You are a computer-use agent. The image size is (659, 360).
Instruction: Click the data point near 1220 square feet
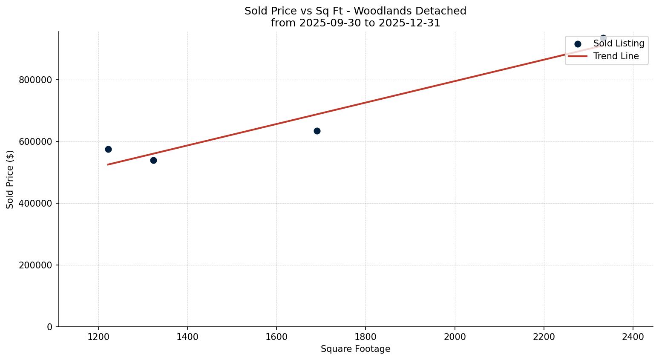tap(108, 149)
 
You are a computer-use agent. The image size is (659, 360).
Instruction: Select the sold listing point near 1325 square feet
tap(153, 160)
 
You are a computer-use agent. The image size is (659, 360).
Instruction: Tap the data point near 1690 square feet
tap(317, 131)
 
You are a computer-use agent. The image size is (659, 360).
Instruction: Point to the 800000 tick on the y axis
tap(36, 80)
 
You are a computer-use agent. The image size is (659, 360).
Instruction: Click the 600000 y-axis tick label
tap(36, 142)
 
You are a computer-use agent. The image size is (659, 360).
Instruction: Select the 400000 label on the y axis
tap(36, 204)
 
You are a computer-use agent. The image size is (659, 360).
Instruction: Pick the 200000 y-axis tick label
tap(36, 265)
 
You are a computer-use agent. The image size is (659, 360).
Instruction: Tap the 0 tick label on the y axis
tap(50, 327)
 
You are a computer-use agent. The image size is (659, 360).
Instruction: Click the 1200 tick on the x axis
tap(98, 337)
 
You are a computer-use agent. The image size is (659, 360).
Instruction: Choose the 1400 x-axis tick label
tap(187, 337)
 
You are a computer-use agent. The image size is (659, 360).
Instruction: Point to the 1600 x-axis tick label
tap(276, 337)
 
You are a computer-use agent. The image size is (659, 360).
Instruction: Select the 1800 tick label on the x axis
tap(365, 337)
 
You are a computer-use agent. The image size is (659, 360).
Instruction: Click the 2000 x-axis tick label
tap(455, 337)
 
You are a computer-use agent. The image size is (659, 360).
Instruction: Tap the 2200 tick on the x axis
tap(544, 337)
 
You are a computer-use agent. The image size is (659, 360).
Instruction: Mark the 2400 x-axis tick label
tap(633, 337)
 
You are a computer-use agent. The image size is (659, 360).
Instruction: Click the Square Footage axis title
tap(355, 349)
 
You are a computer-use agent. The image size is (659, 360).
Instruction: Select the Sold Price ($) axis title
tap(10, 179)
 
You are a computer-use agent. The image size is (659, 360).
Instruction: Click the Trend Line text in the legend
tap(616, 56)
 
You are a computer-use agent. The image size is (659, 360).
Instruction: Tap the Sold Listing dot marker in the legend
tap(578, 44)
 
